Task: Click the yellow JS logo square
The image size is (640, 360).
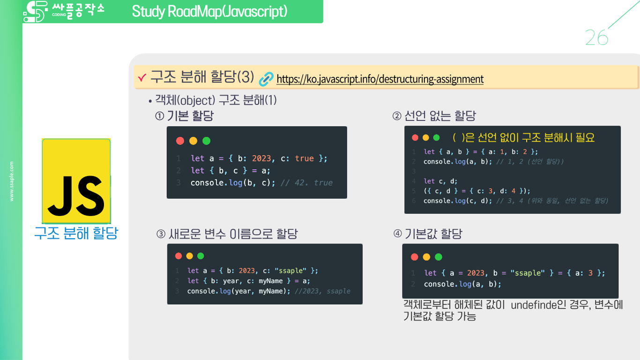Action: pyautogui.click(x=76, y=181)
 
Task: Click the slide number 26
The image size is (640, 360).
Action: pyautogui.click(x=596, y=38)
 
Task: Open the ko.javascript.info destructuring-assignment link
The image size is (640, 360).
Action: pyautogui.click(x=380, y=79)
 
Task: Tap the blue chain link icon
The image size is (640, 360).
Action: pyautogui.click(x=266, y=79)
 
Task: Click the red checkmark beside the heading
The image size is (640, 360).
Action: pyautogui.click(x=142, y=78)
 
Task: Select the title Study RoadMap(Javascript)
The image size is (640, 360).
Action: pyautogui.click(x=209, y=11)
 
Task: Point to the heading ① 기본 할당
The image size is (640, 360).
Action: pyautogui.click(x=185, y=116)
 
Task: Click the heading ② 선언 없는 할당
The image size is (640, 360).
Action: pyautogui.click(x=434, y=116)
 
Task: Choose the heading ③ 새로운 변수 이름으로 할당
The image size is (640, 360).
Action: pyautogui.click(x=227, y=234)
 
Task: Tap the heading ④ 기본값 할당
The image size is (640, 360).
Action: pyautogui.click(x=428, y=234)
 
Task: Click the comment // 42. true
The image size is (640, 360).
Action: pyautogui.click(x=306, y=183)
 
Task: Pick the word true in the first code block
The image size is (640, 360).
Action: pyautogui.click(x=304, y=158)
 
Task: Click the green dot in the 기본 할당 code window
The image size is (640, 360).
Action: pyautogui.click(x=206, y=141)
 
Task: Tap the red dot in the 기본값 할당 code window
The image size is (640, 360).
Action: pyautogui.click(x=414, y=257)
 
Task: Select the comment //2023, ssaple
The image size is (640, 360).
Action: pyautogui.click(x=322, y=291)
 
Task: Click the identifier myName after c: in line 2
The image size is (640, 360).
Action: pyautogui.click(x=271, y=281)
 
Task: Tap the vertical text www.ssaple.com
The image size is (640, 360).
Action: pyautogui.click(x=12, y=181)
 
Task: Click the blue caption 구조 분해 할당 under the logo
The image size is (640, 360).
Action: pyautogui.click(x=76, y=233)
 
